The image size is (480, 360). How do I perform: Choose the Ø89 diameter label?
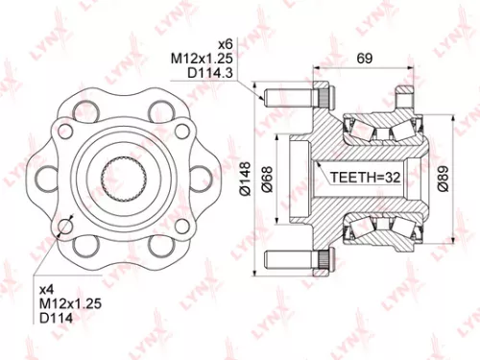tap(441, 179)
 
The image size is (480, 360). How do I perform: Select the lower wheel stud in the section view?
tap(298, 258)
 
